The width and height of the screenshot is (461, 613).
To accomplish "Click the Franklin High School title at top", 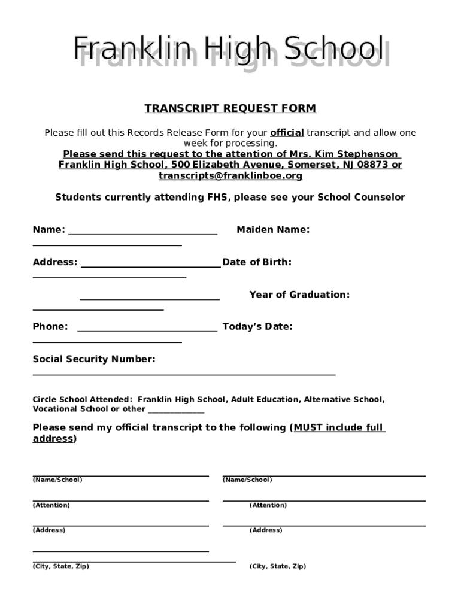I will [229, 50].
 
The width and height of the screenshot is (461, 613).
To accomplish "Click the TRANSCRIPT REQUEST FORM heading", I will [230, 108].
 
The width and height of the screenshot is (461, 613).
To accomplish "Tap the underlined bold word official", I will [287, 133].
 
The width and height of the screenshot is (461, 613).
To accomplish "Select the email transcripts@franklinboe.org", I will [230, 176].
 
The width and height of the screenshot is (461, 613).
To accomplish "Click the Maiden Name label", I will [273, 230].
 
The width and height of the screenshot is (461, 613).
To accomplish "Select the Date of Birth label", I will [257, 262].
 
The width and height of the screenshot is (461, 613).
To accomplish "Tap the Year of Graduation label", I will [299, 295].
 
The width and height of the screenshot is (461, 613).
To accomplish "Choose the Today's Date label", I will [257, 327].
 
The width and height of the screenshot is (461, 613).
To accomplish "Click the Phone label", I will [50, 327].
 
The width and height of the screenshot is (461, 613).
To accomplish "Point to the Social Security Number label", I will [94, 359].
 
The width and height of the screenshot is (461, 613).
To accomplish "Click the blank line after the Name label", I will [143, 234].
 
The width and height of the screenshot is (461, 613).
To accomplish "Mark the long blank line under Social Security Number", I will [184, 374].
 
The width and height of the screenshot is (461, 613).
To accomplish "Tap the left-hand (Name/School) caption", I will [57, 480].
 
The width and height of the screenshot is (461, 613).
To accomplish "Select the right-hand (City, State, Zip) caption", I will [277, 566].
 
